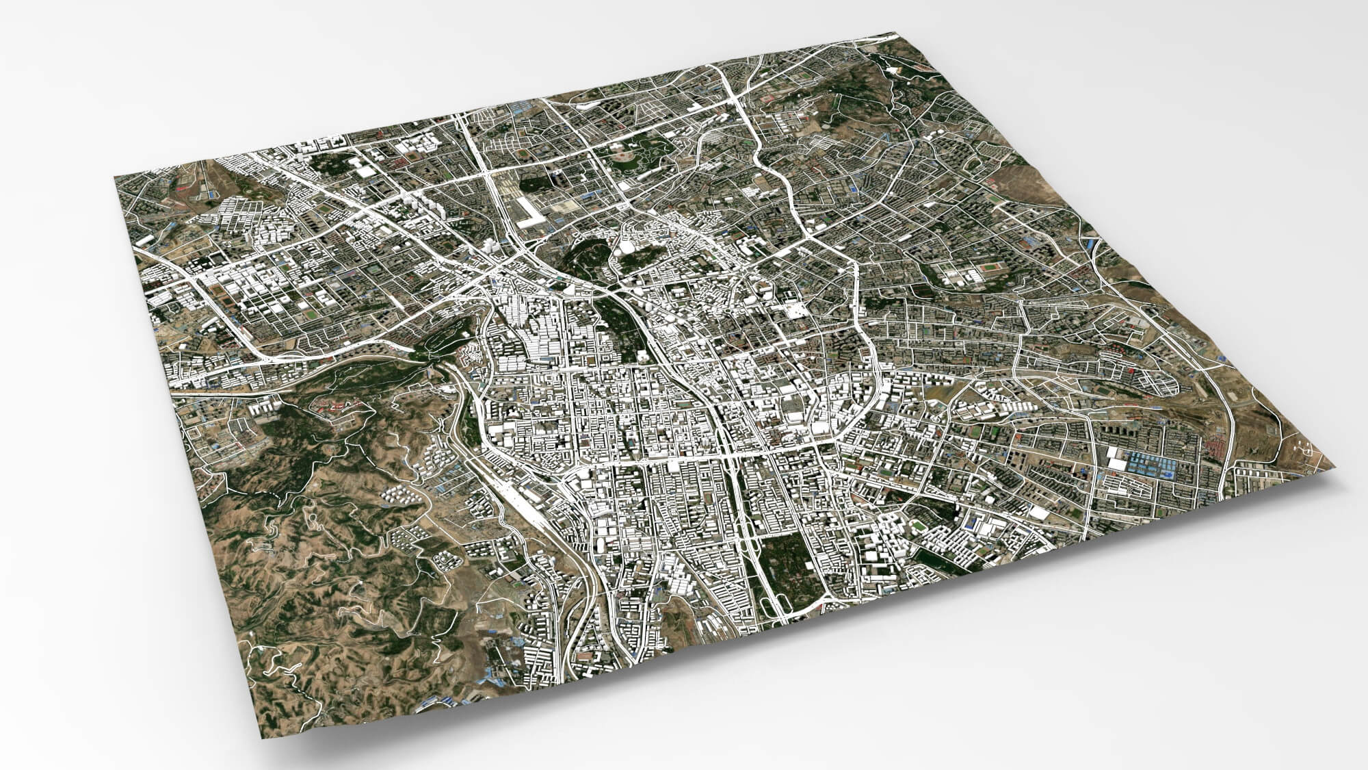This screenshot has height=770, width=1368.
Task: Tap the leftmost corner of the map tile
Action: click(114, 177)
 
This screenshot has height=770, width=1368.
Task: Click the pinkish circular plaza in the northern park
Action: click(622, 158)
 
